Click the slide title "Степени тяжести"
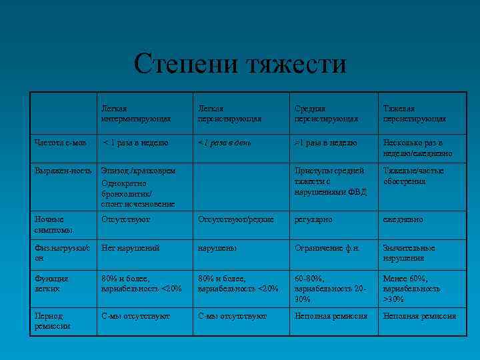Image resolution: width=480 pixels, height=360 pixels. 240,65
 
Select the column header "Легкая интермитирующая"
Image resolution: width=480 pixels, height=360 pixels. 136,113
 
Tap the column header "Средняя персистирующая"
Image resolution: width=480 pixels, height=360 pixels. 326,113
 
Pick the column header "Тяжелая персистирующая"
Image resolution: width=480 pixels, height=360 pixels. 414,113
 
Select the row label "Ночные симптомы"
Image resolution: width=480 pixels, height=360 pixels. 51,224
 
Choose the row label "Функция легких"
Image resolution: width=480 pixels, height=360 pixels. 53,283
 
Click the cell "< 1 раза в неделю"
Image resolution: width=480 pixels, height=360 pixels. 136,143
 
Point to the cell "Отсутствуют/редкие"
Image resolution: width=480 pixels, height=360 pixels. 236,219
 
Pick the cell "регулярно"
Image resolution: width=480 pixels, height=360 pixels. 315,219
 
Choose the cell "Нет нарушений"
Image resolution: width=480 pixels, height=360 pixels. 131,248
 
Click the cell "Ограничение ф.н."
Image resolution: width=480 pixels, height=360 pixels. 328,248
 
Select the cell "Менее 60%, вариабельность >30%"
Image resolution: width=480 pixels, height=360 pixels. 411,289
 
